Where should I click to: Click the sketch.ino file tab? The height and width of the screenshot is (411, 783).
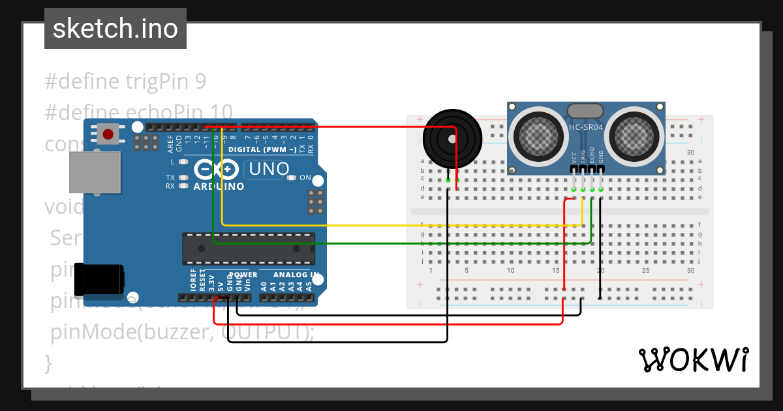click(115, 29)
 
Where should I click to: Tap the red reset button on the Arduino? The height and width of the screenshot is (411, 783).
click(108, 134)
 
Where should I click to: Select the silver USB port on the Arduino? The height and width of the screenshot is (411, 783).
click(95, 172)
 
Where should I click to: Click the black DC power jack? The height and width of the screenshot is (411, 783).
click(99, 279)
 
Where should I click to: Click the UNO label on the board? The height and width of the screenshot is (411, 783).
click(267, 170)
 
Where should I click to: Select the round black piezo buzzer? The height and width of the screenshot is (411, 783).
click(452, 139)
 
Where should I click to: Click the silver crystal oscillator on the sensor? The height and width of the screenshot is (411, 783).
click(586, 111)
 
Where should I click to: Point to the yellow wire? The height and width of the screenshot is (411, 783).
click(391, 225)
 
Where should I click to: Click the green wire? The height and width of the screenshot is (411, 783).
click(391, 243)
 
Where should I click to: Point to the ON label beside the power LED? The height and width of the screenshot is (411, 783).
click(305, 177)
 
